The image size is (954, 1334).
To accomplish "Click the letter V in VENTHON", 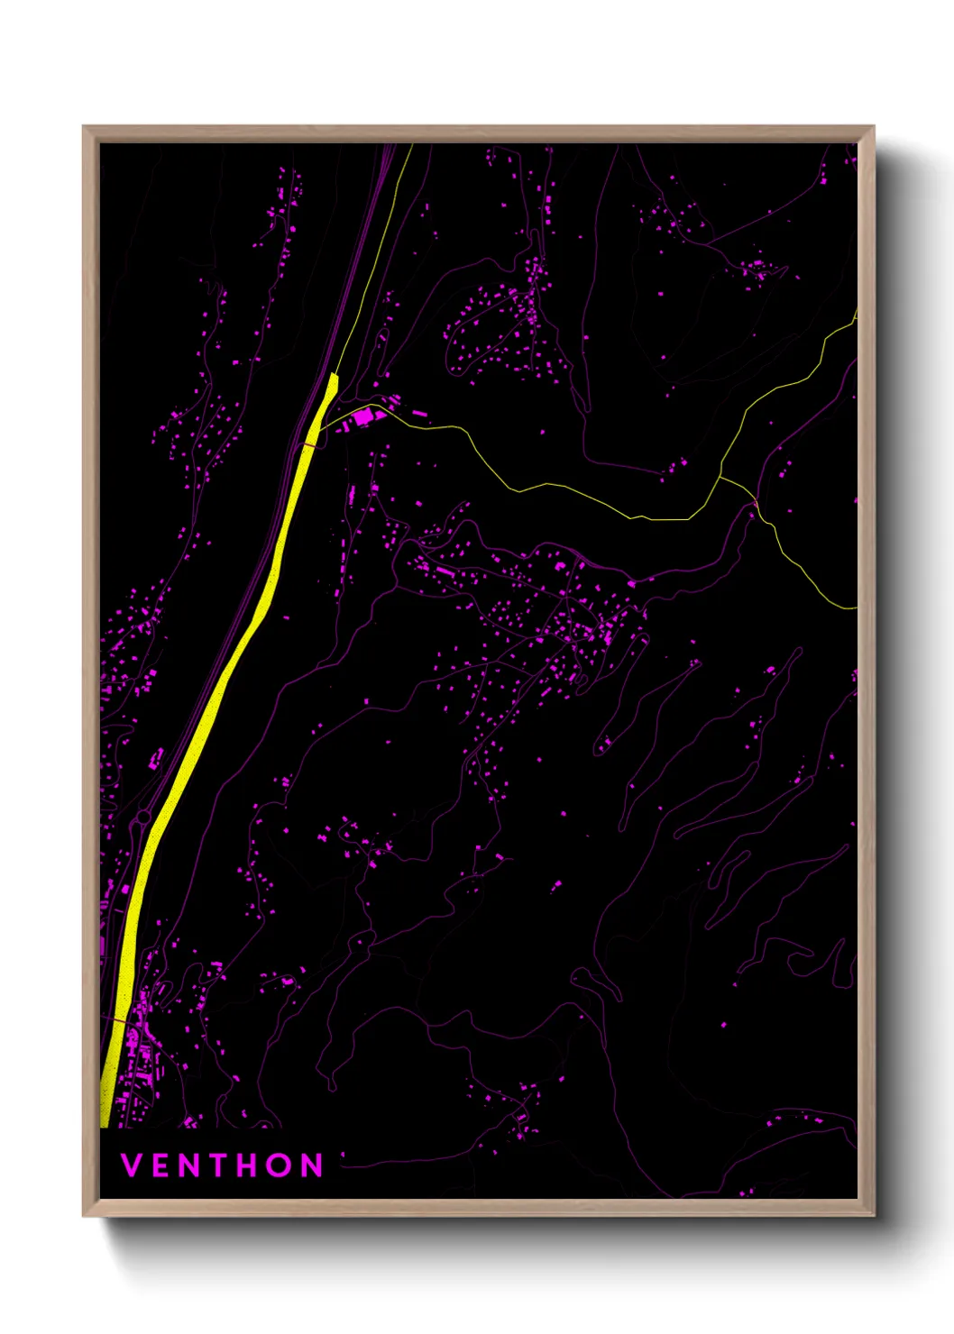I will tap(131, 1165).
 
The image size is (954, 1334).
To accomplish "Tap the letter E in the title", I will tap(161, 1165).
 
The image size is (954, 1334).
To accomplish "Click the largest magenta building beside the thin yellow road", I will tap(362, 416).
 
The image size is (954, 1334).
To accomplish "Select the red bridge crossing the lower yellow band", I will tap(119, 1019).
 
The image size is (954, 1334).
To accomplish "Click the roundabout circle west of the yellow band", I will tap(142, 818).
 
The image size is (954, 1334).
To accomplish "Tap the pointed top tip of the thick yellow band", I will tap(335, 374).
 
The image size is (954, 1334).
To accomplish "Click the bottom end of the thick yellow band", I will tap(104, 1125).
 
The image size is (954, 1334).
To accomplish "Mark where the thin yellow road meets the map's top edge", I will tap(412, 145).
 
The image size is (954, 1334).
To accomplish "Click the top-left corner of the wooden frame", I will tap(84, 127).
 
